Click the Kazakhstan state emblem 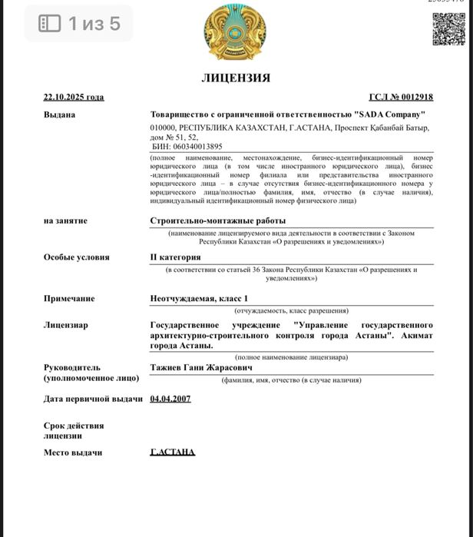point(235,35)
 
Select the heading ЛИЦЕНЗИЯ point(236,78)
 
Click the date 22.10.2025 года point(74,98)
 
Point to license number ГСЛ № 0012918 point(401,98)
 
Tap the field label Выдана point(59,114)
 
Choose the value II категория point(176,257)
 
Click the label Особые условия point(76,257)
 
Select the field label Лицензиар point(65,325)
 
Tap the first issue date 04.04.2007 point(170,399)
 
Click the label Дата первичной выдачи point(93,399)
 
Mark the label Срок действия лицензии point(74,430)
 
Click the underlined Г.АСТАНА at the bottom point(173,452)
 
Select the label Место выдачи point(73,452)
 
